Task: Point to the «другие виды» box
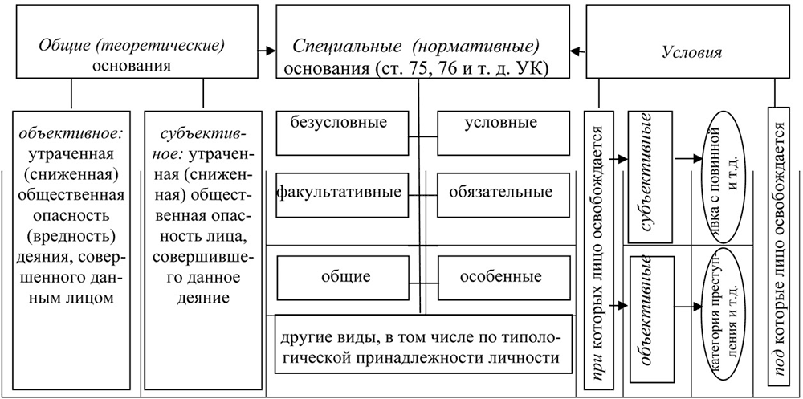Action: tap(418, 345)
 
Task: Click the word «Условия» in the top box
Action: tap(691, 52)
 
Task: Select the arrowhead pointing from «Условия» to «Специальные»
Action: tap(576, 52)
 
